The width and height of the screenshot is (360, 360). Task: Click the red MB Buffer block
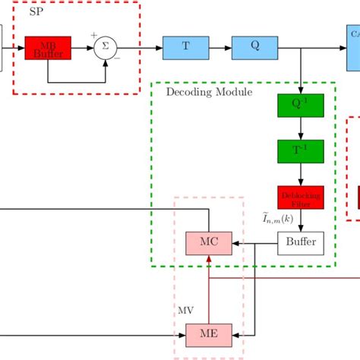click(x=48, y=49)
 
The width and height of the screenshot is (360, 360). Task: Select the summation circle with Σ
click(x=106, y=49)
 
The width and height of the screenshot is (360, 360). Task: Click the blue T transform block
click(x=185, y=46)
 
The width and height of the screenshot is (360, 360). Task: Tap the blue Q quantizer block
click(x=254, y=46)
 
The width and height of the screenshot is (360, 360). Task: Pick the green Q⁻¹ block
click(x=301, y=106)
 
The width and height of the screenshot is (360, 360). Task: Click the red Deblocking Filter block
click(x=301, y=197)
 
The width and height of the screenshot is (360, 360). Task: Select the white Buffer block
click(x=301, y=244)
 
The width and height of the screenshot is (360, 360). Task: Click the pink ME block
click(x=208, y=333)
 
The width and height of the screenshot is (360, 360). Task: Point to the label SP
click(x=35, y=14)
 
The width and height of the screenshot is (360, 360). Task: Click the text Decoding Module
click(x=209, y=92)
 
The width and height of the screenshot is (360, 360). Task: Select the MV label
click(x=185, y=311)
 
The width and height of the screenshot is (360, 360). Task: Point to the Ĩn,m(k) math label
click(x=278, y=219)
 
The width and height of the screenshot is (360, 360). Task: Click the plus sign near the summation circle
click(x=94, y=35)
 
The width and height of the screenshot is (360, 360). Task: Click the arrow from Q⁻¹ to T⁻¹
click(x=301, y=128)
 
